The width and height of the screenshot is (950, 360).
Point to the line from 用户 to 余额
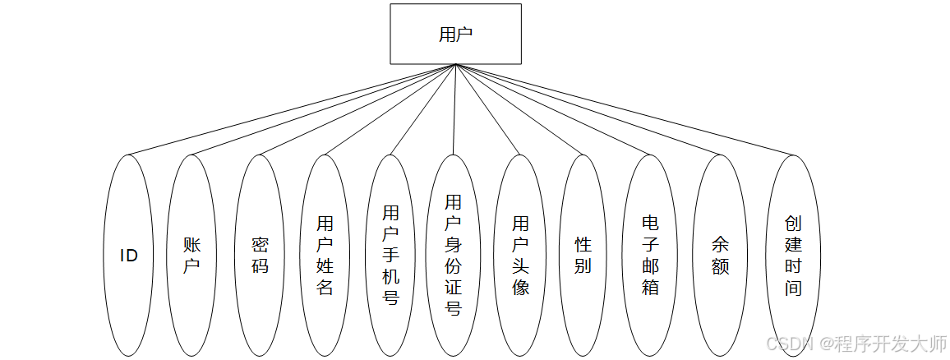tap(588, 109)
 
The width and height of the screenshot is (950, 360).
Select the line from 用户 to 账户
tap(323, 109)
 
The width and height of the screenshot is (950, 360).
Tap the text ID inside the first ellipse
tap(129, 256)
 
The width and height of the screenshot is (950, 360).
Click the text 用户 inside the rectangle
tap(455, 35)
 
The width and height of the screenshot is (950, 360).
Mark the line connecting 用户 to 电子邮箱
tap(553, 109)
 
